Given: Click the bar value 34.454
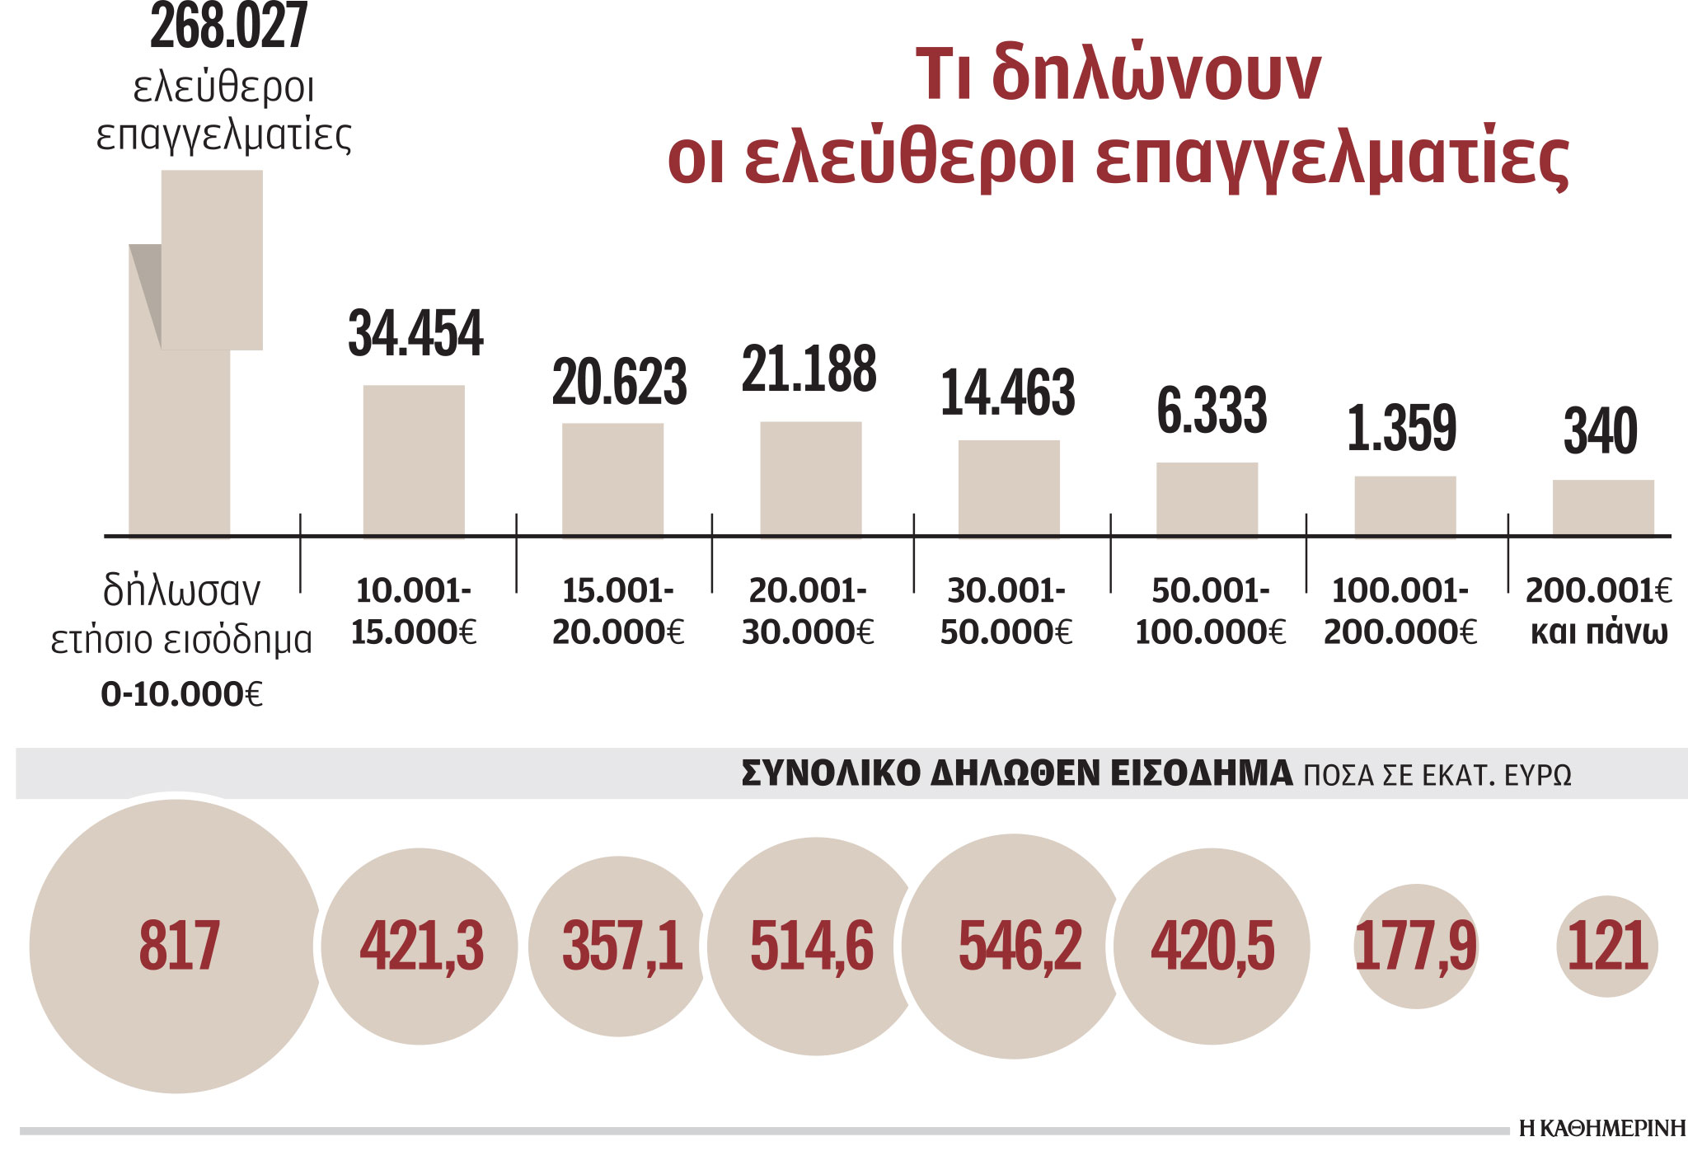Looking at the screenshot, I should click(x=415, y=334).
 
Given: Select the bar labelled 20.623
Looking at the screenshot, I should click(x=612, y=479).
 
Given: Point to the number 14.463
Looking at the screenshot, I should click(x=1008, y=392).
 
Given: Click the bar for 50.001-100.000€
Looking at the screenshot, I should click(x=1207, y=499).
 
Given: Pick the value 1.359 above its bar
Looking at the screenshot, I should click(x=1402, y=428).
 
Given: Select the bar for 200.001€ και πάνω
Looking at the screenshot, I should click(x=1603, y=507).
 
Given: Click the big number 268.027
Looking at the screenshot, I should click(x=228, y=26).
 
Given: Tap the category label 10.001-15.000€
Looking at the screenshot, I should click(x=414, y=611).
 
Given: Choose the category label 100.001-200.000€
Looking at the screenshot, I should click(x=1400, y=611).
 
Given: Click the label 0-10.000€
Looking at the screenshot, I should click(x=181, y=694).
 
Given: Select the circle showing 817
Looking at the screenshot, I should click(x=176, y=946).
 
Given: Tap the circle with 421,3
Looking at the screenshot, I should click(x=420, y=946).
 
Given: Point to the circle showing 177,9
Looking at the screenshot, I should click(x=1415, y=946).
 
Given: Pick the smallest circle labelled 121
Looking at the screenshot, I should click(x=1606, y=946).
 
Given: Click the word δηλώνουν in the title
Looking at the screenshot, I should click(x=1156, y=74).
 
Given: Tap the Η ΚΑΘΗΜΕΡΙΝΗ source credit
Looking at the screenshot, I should click(x=1602, y=1128).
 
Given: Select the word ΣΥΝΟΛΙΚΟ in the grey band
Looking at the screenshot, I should click(x=830, y=773).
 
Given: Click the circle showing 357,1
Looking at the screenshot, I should click(x=621, y=946).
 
